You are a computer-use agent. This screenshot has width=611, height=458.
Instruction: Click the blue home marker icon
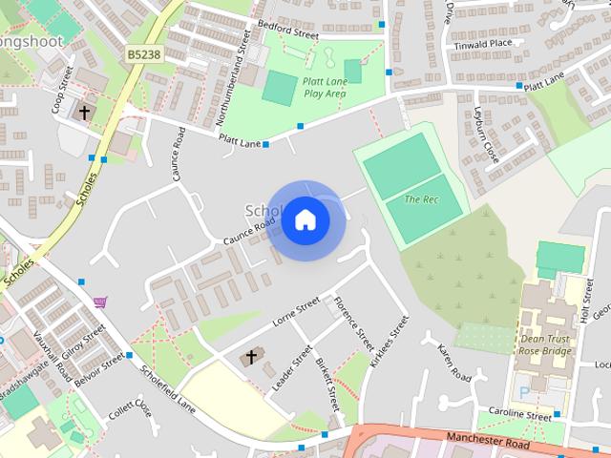(x=305, y=220)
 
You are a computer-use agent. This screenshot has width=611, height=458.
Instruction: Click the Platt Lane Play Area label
(x=324, y=88)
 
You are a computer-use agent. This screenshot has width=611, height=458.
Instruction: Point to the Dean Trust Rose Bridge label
(x=544, y=343)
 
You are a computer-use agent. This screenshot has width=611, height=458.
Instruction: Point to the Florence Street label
(x=350, y=323)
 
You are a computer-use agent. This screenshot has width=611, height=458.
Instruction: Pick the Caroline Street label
(x=519, y=416)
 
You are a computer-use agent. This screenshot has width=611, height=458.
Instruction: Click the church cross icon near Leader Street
(x=252, y=358)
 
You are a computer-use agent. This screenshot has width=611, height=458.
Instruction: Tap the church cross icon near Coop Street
(x=84, y=113)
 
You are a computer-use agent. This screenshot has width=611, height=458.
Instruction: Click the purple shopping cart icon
(x=100, y=302)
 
